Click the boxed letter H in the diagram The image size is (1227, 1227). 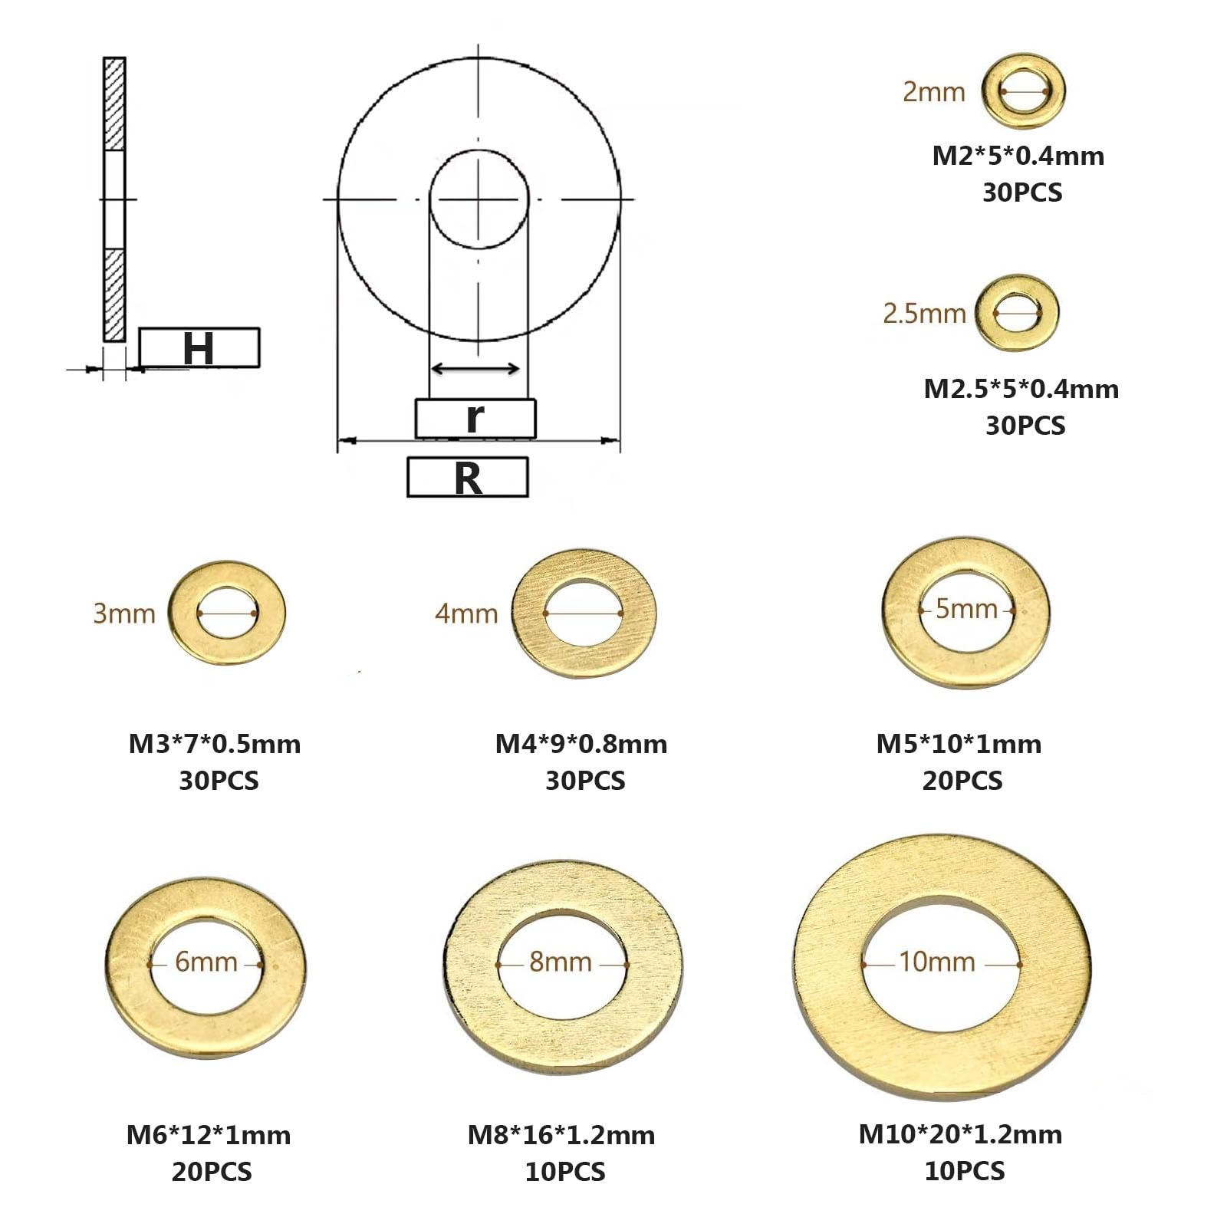tap(199, 347)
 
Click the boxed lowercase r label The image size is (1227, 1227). tap(475, 418)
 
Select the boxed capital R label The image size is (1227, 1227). tap(468, 477)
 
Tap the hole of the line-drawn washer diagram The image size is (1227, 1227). tap(479, 200)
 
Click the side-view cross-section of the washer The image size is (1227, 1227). tap(114, 199)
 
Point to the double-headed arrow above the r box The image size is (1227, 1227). tap(475, 369)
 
